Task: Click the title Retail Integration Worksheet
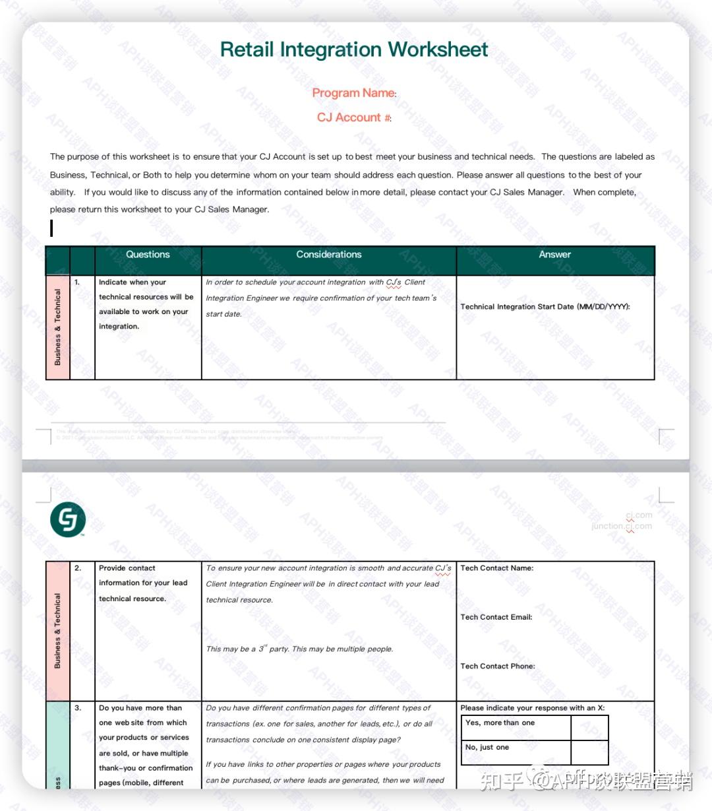click(x=354, y=49)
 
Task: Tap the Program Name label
click(x=353, y=93)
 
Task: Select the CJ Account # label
click(x=353, y=117)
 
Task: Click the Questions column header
click(x=148, y=255)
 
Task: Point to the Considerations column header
click(x=328, y=255)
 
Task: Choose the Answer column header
click(x=554, y=255)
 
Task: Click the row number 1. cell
click(x=77, y=282)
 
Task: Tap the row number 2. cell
click(x=78, y=568)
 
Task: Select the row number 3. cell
click(x=78, y=708)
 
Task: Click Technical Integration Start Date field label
click(x=545, y=307)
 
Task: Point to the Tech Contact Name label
click(x=497, y=568)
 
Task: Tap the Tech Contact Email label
click(x=496, y=618)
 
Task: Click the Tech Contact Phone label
click(x=498, y=666)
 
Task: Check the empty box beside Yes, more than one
click(x=589, y=727)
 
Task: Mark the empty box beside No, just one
click(x=589, y=752)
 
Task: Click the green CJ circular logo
click(x=68, y=520)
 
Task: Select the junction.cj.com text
click(x=622, y=527)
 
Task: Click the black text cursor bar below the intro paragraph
click(x=51, y=228)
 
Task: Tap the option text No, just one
click(x=487, y=748)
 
